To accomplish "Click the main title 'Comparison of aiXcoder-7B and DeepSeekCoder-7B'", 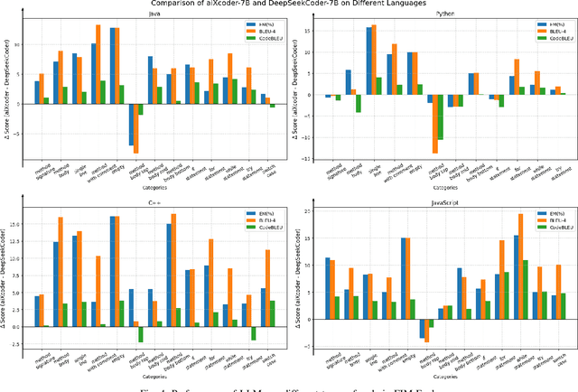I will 289,4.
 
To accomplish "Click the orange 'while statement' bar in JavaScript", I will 520,270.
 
